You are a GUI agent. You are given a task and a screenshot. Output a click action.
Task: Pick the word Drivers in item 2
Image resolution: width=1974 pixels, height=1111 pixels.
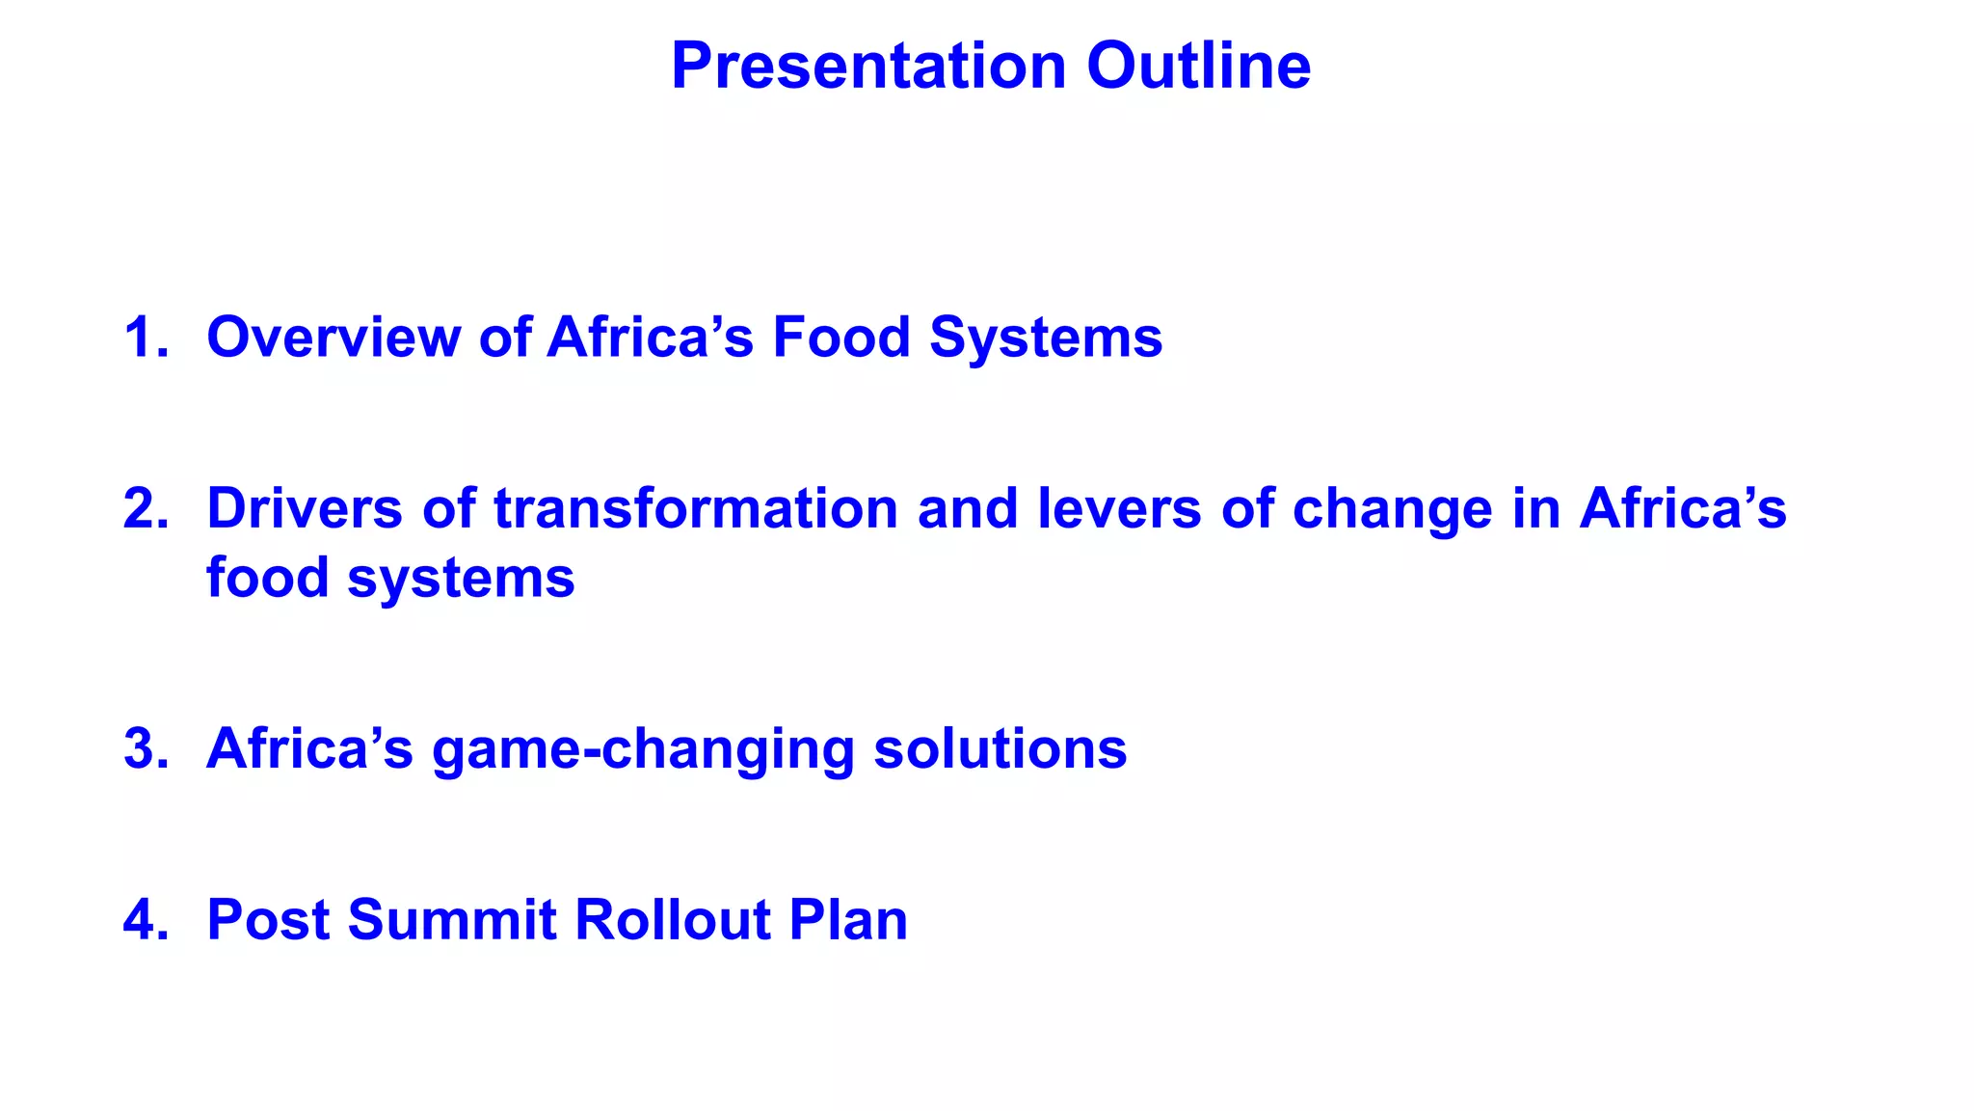(305, 508)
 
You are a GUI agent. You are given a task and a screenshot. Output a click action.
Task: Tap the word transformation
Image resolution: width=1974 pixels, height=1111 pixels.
(695, 508)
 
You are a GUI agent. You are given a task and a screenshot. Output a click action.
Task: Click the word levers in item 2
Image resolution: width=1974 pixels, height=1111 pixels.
(1119, 508)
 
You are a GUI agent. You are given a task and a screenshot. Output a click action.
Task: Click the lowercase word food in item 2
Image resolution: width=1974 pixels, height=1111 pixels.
(267, 578)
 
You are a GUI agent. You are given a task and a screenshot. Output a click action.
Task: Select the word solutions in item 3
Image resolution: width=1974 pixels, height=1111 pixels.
(1000, 748)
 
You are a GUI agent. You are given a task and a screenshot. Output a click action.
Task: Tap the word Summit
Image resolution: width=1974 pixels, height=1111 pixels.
(452, 919)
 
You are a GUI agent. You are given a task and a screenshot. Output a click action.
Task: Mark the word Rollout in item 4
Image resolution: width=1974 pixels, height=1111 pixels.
(672, 919)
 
